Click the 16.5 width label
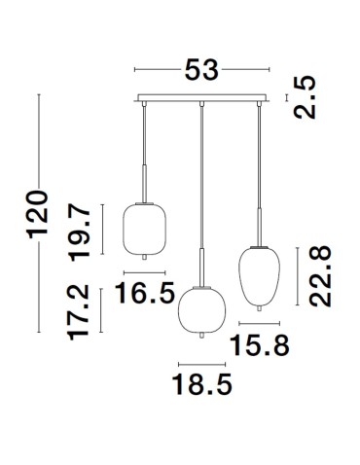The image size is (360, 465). (x=147, y=290)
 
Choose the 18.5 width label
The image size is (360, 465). (x=203, y=386)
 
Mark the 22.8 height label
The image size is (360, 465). (x=321, y=276)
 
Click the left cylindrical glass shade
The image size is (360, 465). (x=144, y=228)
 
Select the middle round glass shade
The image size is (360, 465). (x=201, y=309)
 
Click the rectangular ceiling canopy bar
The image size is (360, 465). (x=200, y=98)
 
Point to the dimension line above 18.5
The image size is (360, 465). (x=201, y=363)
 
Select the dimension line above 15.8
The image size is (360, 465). (x=259, y=322)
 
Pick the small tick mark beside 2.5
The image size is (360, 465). (x=285, y=98)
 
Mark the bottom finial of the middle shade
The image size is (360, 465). (x=201, y=336)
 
